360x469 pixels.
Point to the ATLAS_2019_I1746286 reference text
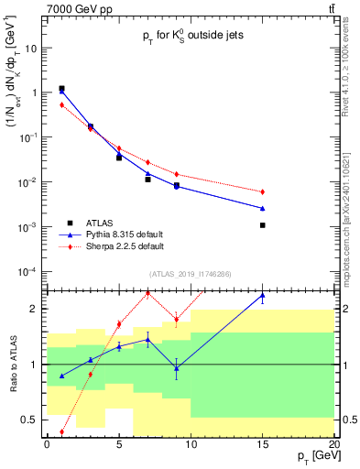191,274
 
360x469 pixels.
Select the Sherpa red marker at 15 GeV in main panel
262,191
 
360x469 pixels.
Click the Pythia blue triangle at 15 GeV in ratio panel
262,296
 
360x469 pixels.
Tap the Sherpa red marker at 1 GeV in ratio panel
61,431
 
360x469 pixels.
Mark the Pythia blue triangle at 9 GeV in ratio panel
176,367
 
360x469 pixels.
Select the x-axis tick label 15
262,444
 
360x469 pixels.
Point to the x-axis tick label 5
119,444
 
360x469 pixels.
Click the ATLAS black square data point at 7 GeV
147,180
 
